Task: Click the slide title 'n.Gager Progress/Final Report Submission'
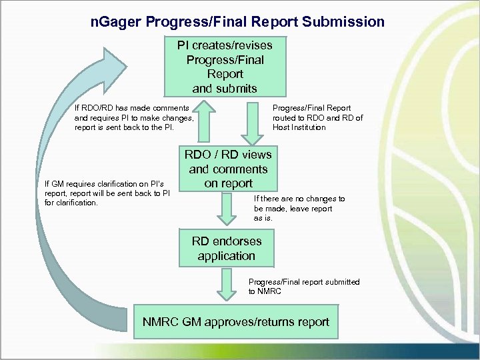[x=237, y=22]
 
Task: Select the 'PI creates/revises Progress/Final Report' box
[x=225, y=67]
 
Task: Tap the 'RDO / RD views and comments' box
[x=229, y=169]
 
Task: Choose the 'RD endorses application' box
[x=226, y=248]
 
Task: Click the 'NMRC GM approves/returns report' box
[x=236, y=322]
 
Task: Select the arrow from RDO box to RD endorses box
[x=227, y=209]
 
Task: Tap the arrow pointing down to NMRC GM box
[x=226, y=286]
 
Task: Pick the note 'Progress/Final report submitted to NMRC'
[x=303, y=287]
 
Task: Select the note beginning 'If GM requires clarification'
[x=107, y=193]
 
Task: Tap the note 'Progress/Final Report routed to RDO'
[x=317, y=117]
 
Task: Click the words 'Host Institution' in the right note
[x=299, y=127]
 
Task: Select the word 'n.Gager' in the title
[x=115, y=22]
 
